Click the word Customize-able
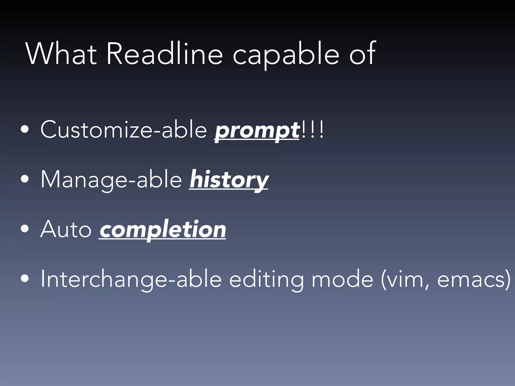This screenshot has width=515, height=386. click(x=123, y=130)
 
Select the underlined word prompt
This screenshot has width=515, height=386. click(x=257, y=131)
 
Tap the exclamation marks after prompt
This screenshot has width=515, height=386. click(x=312, y=129)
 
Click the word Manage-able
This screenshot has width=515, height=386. click(x=111, y=180)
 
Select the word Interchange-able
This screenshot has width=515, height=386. click(x=131, y=279)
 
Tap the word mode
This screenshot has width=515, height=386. click(x=342, y=279)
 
